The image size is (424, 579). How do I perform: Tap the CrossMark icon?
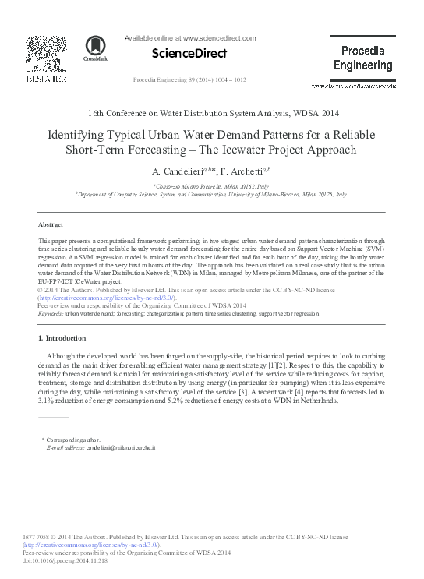pos(97,48)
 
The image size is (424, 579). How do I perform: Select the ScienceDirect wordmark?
pos(190,53)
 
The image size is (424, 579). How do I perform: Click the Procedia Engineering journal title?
pos(362,58)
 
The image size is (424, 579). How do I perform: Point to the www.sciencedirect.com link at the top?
pos(218,37)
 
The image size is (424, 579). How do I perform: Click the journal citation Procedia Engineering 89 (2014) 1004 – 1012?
pos(190,79)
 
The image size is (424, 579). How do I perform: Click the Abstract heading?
pos(51,224)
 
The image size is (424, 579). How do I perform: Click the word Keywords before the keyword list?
pos(51,313)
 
